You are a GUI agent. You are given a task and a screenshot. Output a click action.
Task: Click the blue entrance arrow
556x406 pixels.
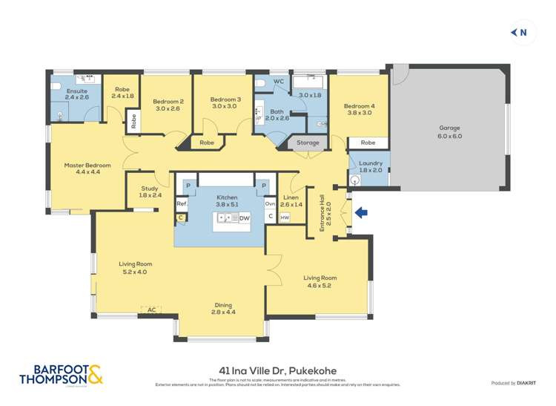[362, 214]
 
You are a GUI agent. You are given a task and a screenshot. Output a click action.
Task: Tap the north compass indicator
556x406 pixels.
[519, 32]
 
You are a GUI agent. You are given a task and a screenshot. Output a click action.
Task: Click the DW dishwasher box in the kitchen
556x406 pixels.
[245, 218]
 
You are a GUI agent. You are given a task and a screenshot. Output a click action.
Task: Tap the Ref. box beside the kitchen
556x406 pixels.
[181, 204]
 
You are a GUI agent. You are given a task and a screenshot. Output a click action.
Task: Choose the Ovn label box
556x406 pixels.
[271, 203]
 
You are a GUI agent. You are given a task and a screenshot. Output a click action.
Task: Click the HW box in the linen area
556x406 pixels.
[285, 217]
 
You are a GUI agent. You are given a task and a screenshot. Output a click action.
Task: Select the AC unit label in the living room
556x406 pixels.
[151, 310]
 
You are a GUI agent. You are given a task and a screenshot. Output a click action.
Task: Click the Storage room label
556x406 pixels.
[308, 143]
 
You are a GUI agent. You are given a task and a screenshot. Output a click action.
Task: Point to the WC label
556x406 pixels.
[279, 82]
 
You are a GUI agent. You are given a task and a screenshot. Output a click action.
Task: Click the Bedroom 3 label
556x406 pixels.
[225, 102]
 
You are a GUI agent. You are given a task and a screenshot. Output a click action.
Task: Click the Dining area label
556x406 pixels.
[224, 308]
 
